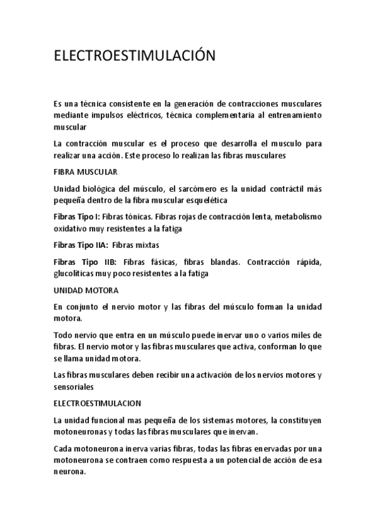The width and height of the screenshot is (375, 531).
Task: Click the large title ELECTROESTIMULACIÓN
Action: [x=135, y=56]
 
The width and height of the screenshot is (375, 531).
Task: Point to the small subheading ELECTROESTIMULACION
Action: [x=97, y=403]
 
